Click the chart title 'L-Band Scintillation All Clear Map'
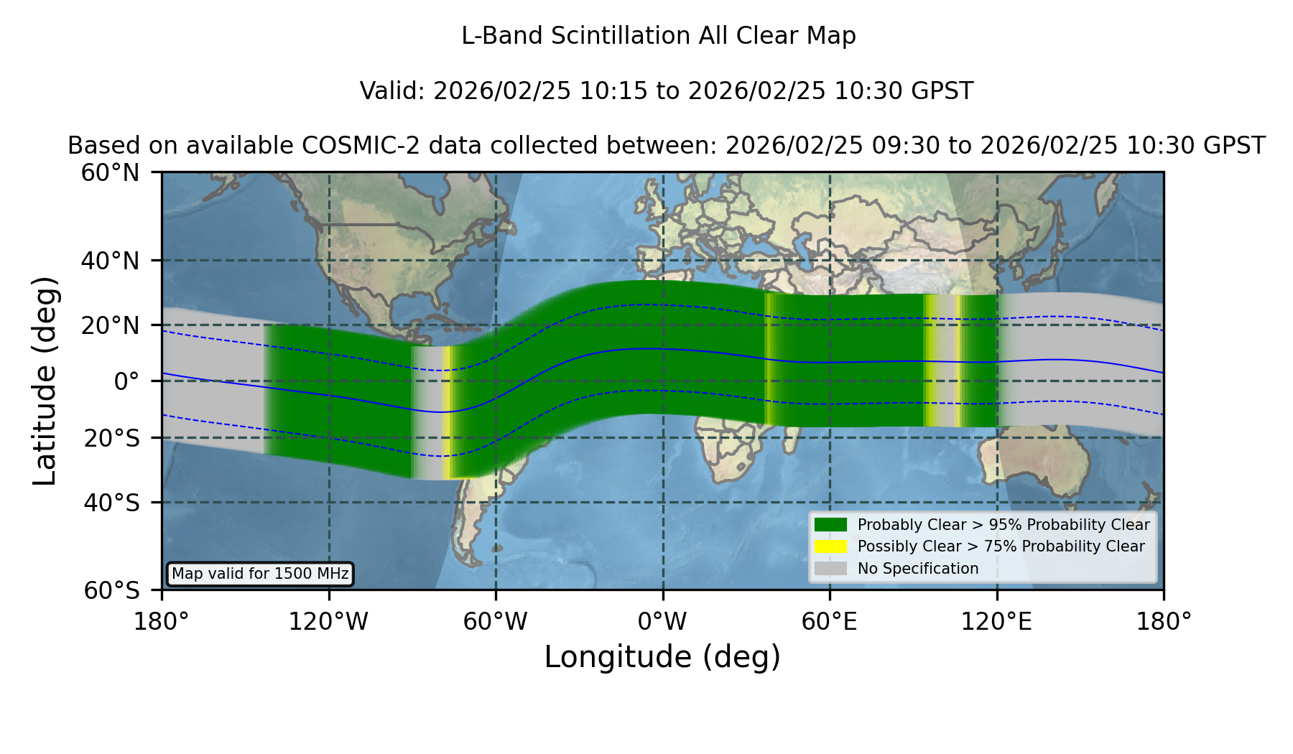[658, 36]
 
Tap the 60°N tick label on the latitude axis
[110, 172]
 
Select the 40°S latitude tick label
[112, 503]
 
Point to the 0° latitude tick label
[126, 381]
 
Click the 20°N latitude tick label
[110, 325]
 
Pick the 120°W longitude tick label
[328, 622]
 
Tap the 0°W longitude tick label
[662, 622]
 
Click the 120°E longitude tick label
[996, 622]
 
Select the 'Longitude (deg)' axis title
[662, 657]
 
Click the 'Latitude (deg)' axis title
[45, 381]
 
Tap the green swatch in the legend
[830, 524]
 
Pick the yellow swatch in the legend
[830, 546]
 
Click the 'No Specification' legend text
[918, 569]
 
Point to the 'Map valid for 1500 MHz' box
[260, 574]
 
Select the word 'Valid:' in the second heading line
[393, 91]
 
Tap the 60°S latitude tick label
[112, 590]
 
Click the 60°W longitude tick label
[495, 622]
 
